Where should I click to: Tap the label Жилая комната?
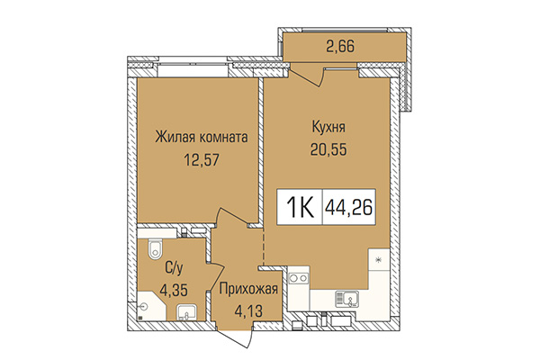(201, 137)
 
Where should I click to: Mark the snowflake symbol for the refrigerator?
(378, 260)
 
